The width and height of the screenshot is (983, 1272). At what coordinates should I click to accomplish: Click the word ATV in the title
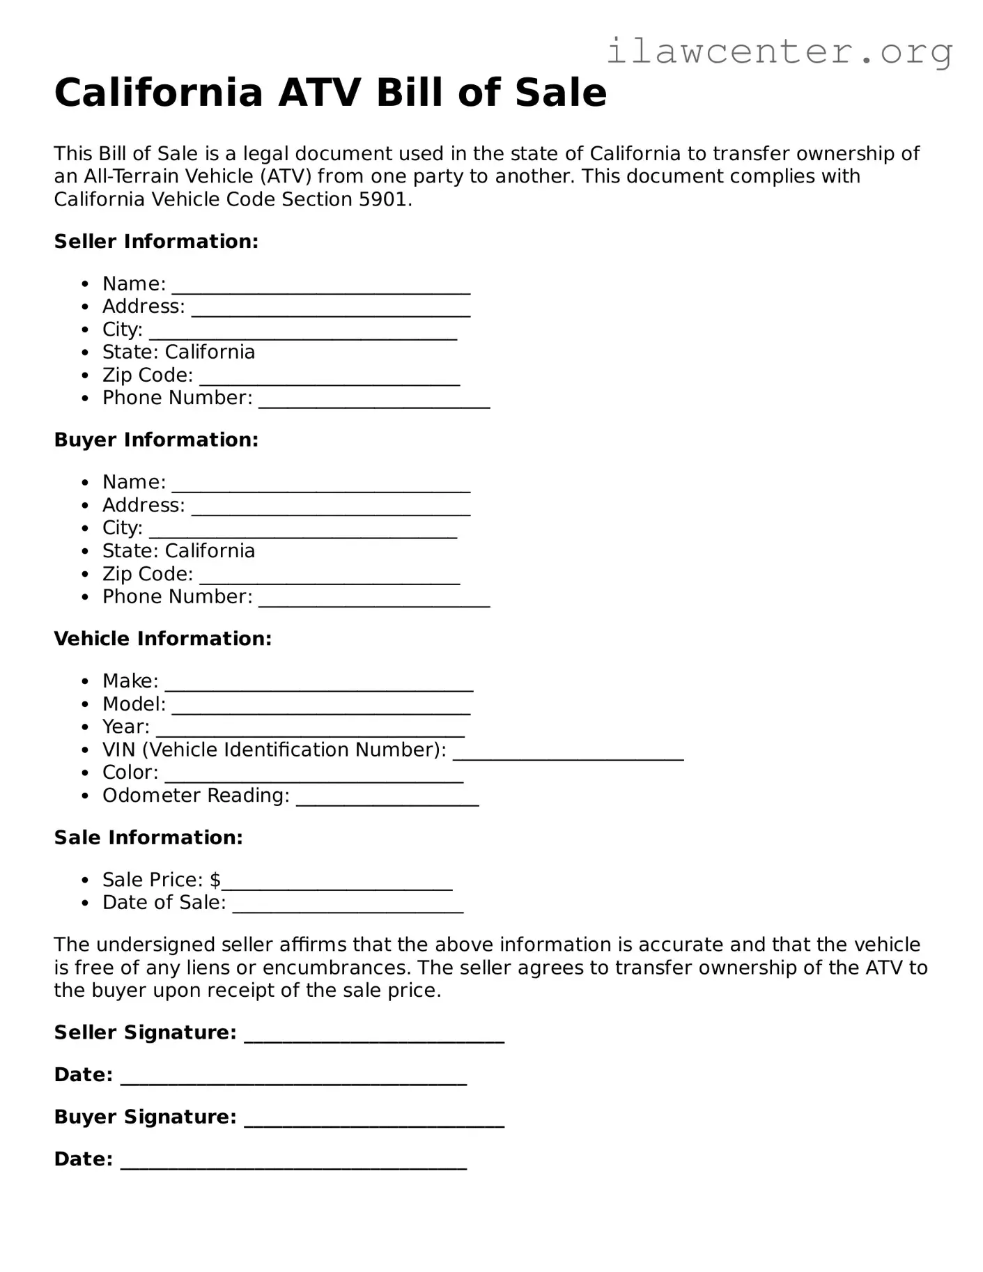point(316,93)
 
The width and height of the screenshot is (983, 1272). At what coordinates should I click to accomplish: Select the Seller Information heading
point(156,242)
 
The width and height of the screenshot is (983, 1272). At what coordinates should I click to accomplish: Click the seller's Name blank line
point(321,289)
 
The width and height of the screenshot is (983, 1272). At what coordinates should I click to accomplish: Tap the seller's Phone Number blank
point(374,403)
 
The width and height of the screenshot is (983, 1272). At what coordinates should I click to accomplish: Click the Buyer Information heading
point(156,440)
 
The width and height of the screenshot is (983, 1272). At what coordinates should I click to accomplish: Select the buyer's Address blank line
point(331,511)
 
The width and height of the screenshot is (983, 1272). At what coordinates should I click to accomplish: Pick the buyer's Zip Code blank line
point(330,580)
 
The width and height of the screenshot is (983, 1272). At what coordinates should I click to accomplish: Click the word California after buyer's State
point(210,551)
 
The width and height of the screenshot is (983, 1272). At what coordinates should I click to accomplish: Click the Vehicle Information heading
point(162,639)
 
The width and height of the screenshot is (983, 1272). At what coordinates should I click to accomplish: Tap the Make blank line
point(319,686)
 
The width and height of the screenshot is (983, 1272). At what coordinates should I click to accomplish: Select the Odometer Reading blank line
point(387,801)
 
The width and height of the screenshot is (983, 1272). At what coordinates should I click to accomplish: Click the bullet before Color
point(85,773)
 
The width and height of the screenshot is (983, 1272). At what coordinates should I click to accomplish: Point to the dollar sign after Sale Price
point(215,880)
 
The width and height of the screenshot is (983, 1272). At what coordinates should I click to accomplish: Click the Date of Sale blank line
point(348,908)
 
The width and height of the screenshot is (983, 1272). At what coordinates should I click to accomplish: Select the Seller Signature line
point(374,1038)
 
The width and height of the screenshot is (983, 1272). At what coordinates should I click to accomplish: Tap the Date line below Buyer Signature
point(293,1164)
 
